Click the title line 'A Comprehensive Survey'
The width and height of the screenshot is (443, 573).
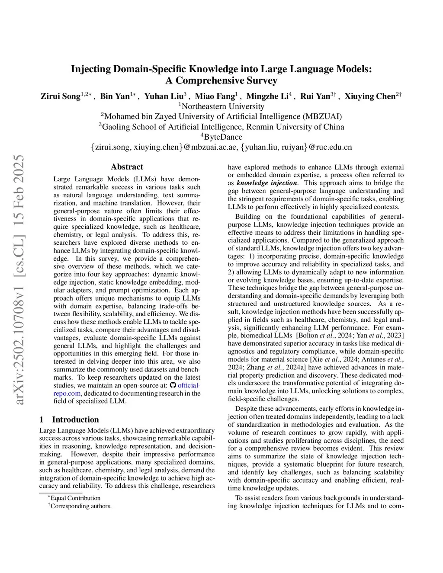(x=221, y=80)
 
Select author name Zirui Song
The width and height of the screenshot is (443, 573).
(x=61, y=96)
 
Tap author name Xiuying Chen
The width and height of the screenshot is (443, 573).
(x=370, y=96)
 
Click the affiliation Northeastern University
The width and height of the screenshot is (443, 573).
(x=223, y=106)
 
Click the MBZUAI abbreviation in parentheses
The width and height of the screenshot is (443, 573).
(x=322, y=117)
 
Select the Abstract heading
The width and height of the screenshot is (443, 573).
(x=127, y=167)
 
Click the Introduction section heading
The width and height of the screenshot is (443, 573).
(x=75, y=419)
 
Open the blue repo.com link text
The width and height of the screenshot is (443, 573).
(x=67, y=393)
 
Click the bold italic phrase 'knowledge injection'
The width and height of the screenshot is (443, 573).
(x=266, y=183)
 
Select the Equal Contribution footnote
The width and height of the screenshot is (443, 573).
(x=75, y=498)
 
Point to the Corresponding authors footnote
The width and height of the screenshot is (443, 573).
(x=80, y=506)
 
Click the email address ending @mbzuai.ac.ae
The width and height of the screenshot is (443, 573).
(x=164, y=147)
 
